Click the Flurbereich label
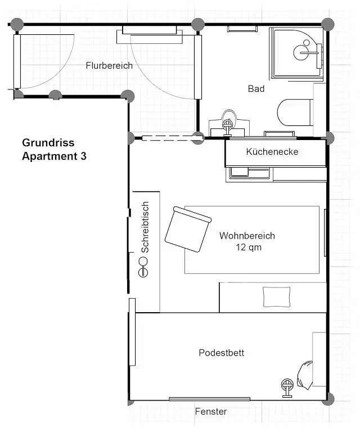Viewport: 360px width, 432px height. (x=109, y=66)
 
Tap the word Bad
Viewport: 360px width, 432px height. (x=256, y=89)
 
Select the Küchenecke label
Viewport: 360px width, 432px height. (x=272, y=151)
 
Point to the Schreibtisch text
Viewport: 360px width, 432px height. (x=145, y=227)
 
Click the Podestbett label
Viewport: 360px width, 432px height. (x=222, y=353)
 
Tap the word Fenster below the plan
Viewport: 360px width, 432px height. (x=211, y=411)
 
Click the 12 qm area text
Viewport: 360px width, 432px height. (x=249, y=247)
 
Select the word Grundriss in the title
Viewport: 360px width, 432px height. (x=48, y=143)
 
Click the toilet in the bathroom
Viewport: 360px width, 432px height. (x=295, y=112)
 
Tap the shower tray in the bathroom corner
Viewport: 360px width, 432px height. (x=296, y=52)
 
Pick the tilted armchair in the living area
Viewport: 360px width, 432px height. (x=188, y=229)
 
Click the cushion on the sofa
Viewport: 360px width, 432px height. (x=277, y=297)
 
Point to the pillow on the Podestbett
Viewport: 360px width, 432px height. (x=305, y=375)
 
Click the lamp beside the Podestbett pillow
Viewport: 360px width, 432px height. (x=287, y=388)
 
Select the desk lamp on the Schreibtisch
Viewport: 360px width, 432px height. (x=143, y=267)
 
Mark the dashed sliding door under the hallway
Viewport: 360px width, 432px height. (x=166, y=138)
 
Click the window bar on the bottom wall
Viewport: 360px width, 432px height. (x=210, y=399)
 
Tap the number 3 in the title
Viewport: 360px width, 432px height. (x=83, y=156)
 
